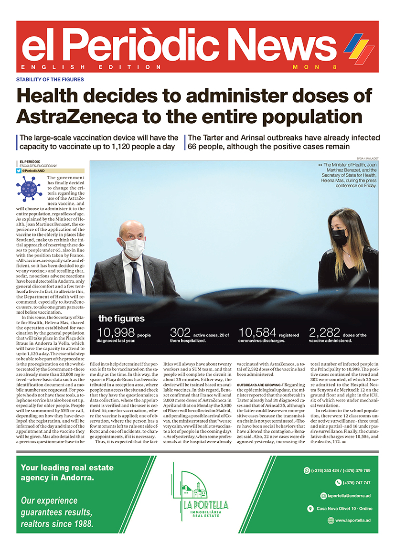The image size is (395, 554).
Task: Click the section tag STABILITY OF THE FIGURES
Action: (x=50, y=79)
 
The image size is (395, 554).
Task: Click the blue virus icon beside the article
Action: (x=29, y=188)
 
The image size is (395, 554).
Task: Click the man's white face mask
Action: (x=134, y=247)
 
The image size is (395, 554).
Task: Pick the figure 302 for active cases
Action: (x=181, y=333)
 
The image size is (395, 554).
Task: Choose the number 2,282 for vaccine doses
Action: (x=325, y=333)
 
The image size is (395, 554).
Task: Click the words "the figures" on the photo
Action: (x=121, y=319)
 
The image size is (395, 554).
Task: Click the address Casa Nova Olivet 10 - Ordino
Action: (x=344, y=509)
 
